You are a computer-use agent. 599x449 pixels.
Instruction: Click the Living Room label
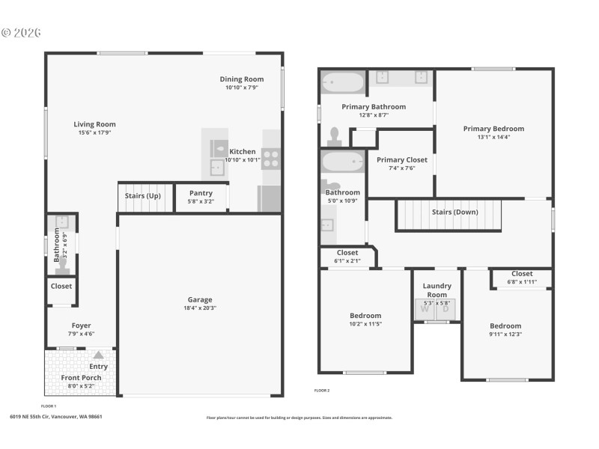(94, 124)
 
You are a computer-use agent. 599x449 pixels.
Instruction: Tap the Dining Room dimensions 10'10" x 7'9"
(242, 88)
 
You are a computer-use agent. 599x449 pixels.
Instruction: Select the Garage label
(200, 299)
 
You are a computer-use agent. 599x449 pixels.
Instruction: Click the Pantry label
(201, 193)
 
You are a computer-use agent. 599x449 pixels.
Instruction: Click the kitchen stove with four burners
(270, 159)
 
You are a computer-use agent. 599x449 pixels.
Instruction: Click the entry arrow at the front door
(99, 355)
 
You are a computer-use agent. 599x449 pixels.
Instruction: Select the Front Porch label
(81, 378)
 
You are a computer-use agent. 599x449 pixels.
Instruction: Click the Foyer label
(82, 325)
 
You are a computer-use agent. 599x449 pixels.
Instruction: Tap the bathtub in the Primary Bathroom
(343, 82)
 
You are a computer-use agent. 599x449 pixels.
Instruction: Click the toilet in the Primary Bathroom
(335, 136)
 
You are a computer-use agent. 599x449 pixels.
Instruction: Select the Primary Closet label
(402, 159)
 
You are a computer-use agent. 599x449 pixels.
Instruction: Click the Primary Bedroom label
(493, 129)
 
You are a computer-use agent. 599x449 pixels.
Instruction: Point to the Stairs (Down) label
(454, 212)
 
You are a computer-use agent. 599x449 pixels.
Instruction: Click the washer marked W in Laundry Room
(425, 308)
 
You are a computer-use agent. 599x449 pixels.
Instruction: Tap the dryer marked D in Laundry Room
(446, 308)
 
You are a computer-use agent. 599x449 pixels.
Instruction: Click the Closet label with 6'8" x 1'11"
(522, 274)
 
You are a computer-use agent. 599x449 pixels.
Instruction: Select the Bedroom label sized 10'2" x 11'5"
(365, 315)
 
